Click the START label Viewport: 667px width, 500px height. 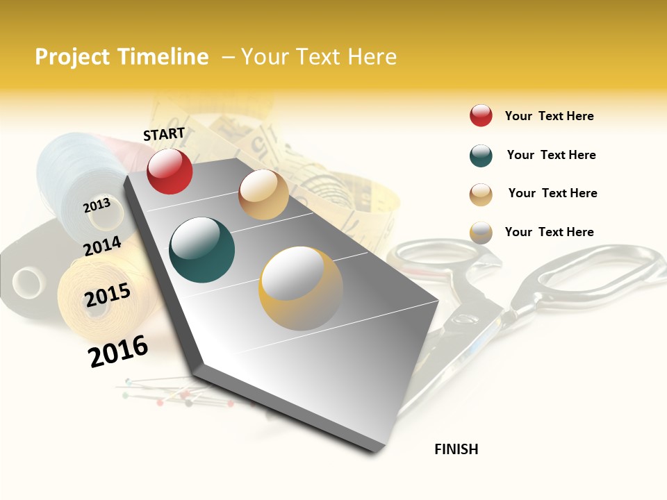point(164,134)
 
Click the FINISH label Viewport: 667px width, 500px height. point(456,449)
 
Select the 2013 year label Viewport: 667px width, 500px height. point(97,206)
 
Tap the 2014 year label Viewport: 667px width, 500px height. point(102,246)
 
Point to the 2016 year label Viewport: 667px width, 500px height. point(118,351)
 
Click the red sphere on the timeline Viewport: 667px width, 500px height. point(170,172)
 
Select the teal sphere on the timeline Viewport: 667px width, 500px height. point(201,250)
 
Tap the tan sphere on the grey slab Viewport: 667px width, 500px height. point(263,194)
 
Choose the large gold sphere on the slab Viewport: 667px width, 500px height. point(301,287)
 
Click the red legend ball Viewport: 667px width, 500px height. point(481,116)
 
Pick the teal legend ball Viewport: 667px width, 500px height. point(481,156)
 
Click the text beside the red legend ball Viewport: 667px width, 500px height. point(549,116)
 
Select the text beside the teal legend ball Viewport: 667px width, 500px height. point(551,155)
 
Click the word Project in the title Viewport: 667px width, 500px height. point(72,57)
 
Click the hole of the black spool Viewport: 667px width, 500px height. point(28,283)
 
